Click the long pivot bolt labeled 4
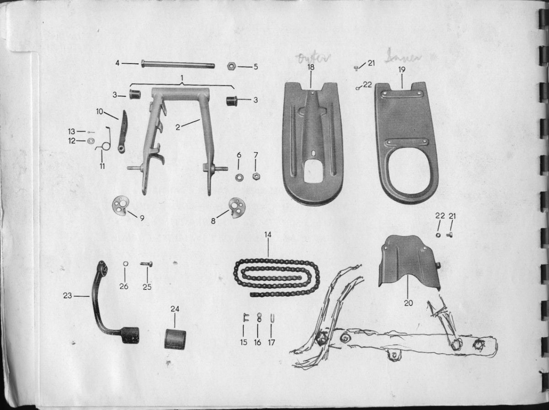click(178, 64)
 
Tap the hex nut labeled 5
click(231, 66)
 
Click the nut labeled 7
click(256, 176)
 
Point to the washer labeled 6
click(239, 177)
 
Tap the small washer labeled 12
click(90, 141)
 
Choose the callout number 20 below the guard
click(408, 303)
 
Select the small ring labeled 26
click(125, 264)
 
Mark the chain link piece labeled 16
click(258, 317)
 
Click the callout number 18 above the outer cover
click(311, 67)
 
